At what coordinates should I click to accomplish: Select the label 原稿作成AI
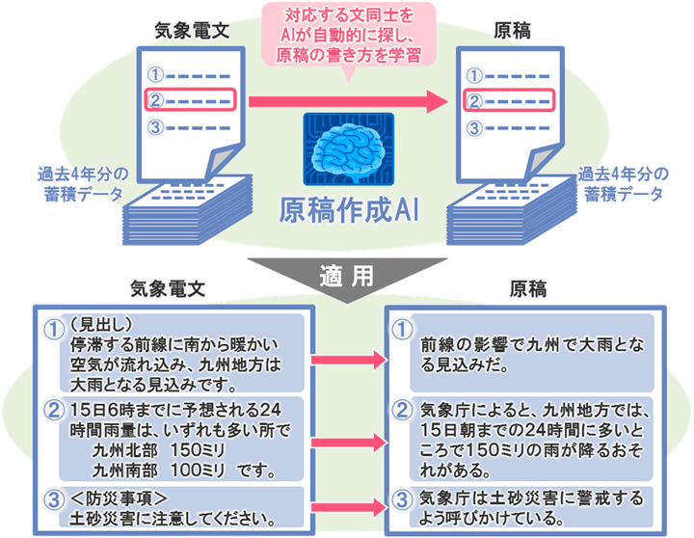click(348, 209)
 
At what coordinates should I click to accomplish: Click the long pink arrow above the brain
click(347, 99)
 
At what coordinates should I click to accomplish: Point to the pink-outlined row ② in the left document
click(189, 99)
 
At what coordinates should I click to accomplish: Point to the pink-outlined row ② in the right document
click(507, 99)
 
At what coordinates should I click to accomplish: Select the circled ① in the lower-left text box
click(54, 330)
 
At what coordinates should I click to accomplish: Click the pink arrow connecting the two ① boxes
click(348, 359)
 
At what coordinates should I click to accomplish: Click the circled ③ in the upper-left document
click(155, 127)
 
